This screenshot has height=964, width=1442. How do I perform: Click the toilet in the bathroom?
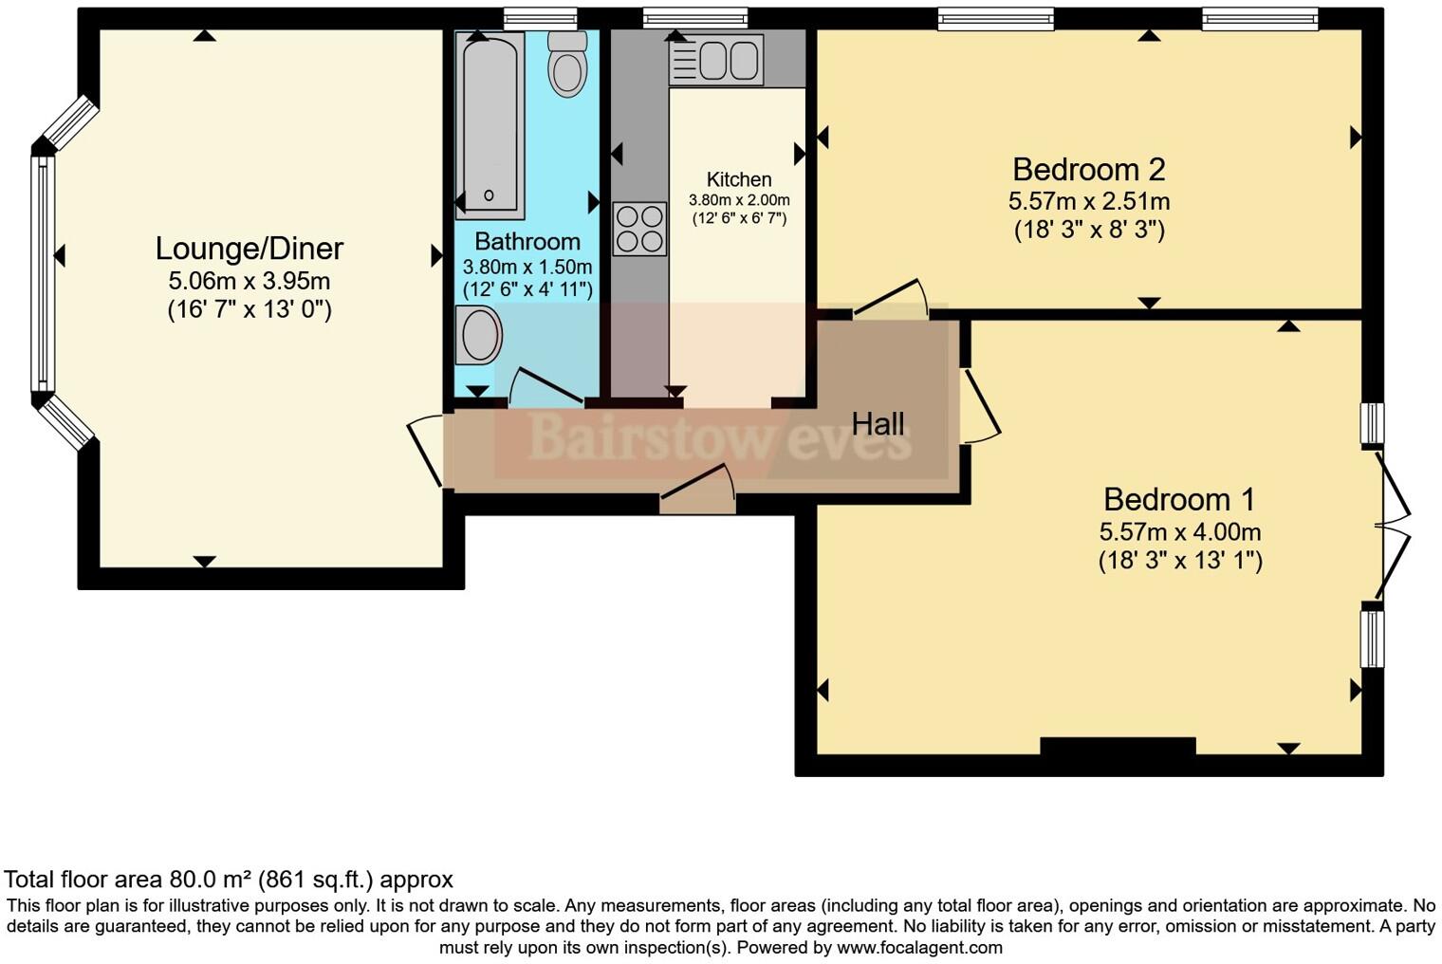pyautogui.click(x=567, y=65)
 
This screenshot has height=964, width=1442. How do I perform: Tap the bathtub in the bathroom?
pyautogui.click(x=490, y=123)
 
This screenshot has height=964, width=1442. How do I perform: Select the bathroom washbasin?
pyautogui.click(x=478, y=335)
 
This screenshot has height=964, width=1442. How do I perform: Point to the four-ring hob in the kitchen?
pyautogui.click(x=639, y=229)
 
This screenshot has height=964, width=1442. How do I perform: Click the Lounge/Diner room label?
pyautogui.click(x=249, y=249)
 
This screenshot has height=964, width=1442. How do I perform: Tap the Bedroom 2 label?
pyautogui.click(x=1088, y=170)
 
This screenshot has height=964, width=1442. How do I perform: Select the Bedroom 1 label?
pyautogui.click(x=1179, y=499)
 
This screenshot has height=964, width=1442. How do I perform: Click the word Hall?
pyautogui.click(x=878, y=424)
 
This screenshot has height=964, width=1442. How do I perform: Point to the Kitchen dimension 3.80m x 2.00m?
pyautogui.click(x=739, y=200)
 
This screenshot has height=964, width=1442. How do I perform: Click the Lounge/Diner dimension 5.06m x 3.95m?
pyautogui.click(x=249, y=281)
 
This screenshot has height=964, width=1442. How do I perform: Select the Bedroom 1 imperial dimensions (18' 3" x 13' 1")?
pyautogui.click(x=1180, y=561)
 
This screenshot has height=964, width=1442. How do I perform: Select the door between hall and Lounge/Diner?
pyautogui.click(x=426, y=452)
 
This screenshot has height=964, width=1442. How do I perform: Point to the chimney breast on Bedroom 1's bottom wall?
pyautogui.click(x=1117, y=746)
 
